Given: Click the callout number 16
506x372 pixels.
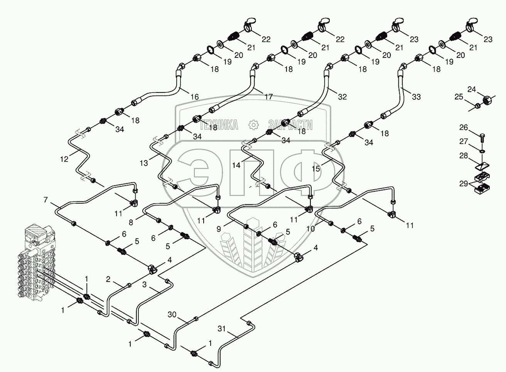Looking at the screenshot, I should click(x=195, y=97).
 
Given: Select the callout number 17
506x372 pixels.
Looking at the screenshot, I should click(x=269, y=97).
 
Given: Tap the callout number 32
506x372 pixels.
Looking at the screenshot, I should click(x=342, y=97).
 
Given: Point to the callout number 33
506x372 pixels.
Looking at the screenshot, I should click(x=416, y=97).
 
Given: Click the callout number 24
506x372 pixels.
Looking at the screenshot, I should click(x=472, y=89).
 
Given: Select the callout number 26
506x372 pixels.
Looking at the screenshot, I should click(x=463, y=127).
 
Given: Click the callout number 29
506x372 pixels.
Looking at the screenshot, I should click(x=463, y=183).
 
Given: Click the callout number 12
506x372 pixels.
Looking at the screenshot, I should click(x=64, y=159).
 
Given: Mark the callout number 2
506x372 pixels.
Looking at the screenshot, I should click(x=108, y=279).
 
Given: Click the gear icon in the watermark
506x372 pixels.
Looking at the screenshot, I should click(x=253, y=124).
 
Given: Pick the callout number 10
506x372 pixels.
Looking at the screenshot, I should click(x=310, y=228).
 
